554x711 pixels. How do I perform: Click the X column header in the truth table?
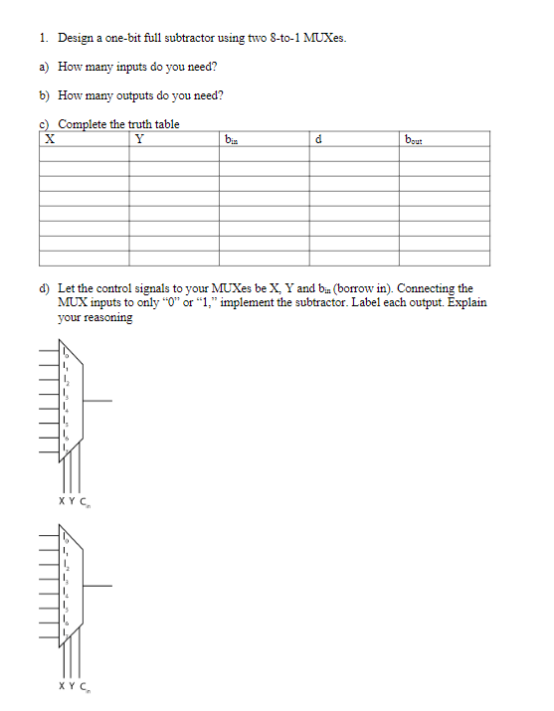(x=48, y=139)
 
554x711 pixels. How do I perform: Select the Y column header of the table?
(x=139, y=139)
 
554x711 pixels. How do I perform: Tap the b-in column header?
(x=232, y=139)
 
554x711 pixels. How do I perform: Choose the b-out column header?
(x=416, y=139)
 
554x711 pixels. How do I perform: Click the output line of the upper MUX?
(x=98, y=401)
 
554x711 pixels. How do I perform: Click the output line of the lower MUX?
(x=98, y=586)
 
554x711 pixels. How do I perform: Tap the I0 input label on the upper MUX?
(x=67, y=353)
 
